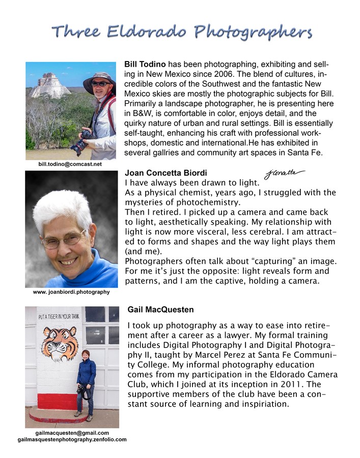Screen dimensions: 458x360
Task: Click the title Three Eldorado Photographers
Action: [181, 32]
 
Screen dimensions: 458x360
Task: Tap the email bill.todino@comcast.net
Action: [70, 164]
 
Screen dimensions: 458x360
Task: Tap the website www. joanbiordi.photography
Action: [71, 292]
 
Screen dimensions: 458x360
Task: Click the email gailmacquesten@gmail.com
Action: [72, 433]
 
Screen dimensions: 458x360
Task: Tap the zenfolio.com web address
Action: [72, 439]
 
